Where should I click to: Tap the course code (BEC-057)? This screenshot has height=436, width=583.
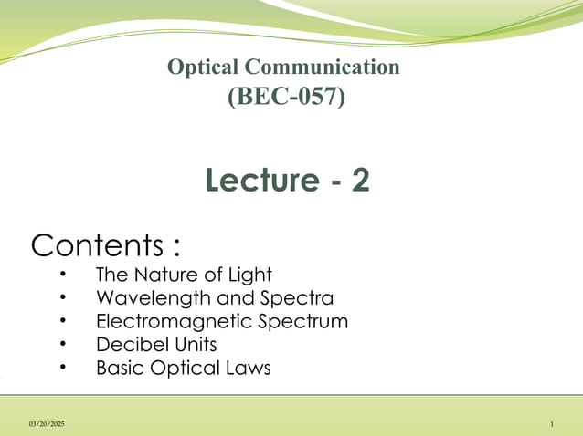point(285,95)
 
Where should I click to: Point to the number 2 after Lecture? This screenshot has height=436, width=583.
point(360,181)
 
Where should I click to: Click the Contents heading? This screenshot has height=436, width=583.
point(105,245)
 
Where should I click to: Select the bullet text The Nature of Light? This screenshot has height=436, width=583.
point(184,275)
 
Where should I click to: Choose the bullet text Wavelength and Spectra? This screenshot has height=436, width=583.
point(215,298)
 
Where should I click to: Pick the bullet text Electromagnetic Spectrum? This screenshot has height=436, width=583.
point(222,322)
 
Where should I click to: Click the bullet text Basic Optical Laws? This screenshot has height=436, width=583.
point(184,369)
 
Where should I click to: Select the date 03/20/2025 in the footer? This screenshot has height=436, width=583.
point(47,425)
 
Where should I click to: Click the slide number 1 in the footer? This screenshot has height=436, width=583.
point(553,425)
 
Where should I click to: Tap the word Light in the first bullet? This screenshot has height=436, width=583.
point(250,275)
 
